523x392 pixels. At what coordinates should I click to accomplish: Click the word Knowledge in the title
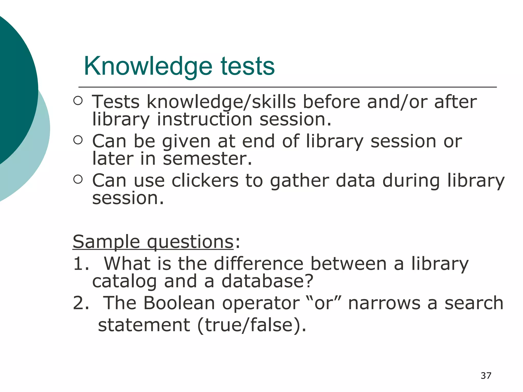pos(148,67)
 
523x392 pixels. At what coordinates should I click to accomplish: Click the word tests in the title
pos(247,67)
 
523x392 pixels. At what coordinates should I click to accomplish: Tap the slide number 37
pos(486,376)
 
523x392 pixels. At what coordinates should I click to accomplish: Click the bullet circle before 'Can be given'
pos(78,140)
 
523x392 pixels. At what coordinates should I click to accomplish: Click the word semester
pos(207,159)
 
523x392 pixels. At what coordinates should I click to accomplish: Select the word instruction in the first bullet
pos(205,119)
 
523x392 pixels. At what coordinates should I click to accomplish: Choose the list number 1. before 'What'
pos(81,264)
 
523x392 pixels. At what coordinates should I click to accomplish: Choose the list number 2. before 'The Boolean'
pos(81,303)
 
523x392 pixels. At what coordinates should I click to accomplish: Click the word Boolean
pos(179,303)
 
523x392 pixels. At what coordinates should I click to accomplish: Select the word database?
pos(267,281)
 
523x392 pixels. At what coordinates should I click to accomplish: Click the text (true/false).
pos(252,325)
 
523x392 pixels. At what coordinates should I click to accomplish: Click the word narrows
pos(384,303)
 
